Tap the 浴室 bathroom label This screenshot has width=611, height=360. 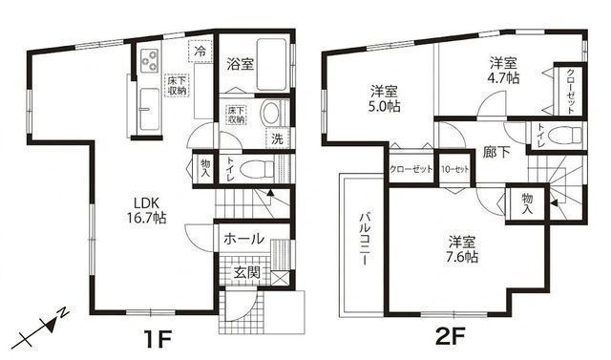click(240, 65)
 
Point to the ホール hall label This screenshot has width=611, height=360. click(243, 240)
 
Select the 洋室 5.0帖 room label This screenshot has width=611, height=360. click(385, 99)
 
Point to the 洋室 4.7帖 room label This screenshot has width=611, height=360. click(505, 70)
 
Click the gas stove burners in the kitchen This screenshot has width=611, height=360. click(150, 60)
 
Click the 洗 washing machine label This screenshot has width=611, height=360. click(276, 138)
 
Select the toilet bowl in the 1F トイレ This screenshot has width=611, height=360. click(255, 169)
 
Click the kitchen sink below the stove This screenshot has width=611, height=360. click(149, 99)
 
